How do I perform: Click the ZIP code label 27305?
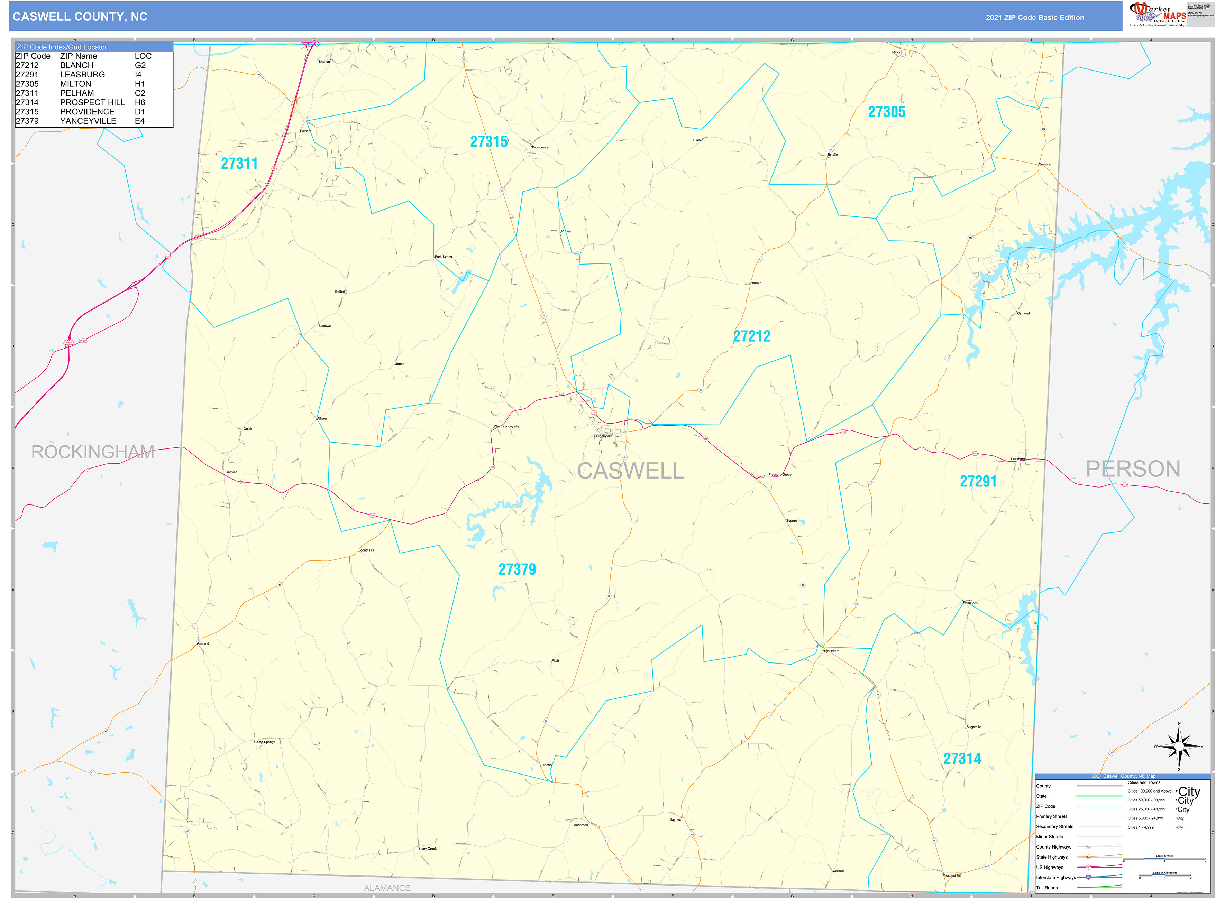point(886,112)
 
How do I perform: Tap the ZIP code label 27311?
point(239,163)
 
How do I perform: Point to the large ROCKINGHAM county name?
point(93,452)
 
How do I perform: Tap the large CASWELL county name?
point(630,471)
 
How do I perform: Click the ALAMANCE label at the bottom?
point(387,888)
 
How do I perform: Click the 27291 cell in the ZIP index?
point(27,75)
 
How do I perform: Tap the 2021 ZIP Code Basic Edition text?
point(1034,17)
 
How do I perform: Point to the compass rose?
point(1179,747)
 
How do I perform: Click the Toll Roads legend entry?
point(1046,888)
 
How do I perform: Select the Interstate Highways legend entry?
point(1056,877)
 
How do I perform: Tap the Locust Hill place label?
point(366,550)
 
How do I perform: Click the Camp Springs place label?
point(265,742)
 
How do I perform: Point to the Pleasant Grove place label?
point(780,474)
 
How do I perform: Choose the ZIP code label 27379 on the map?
point(517,569)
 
